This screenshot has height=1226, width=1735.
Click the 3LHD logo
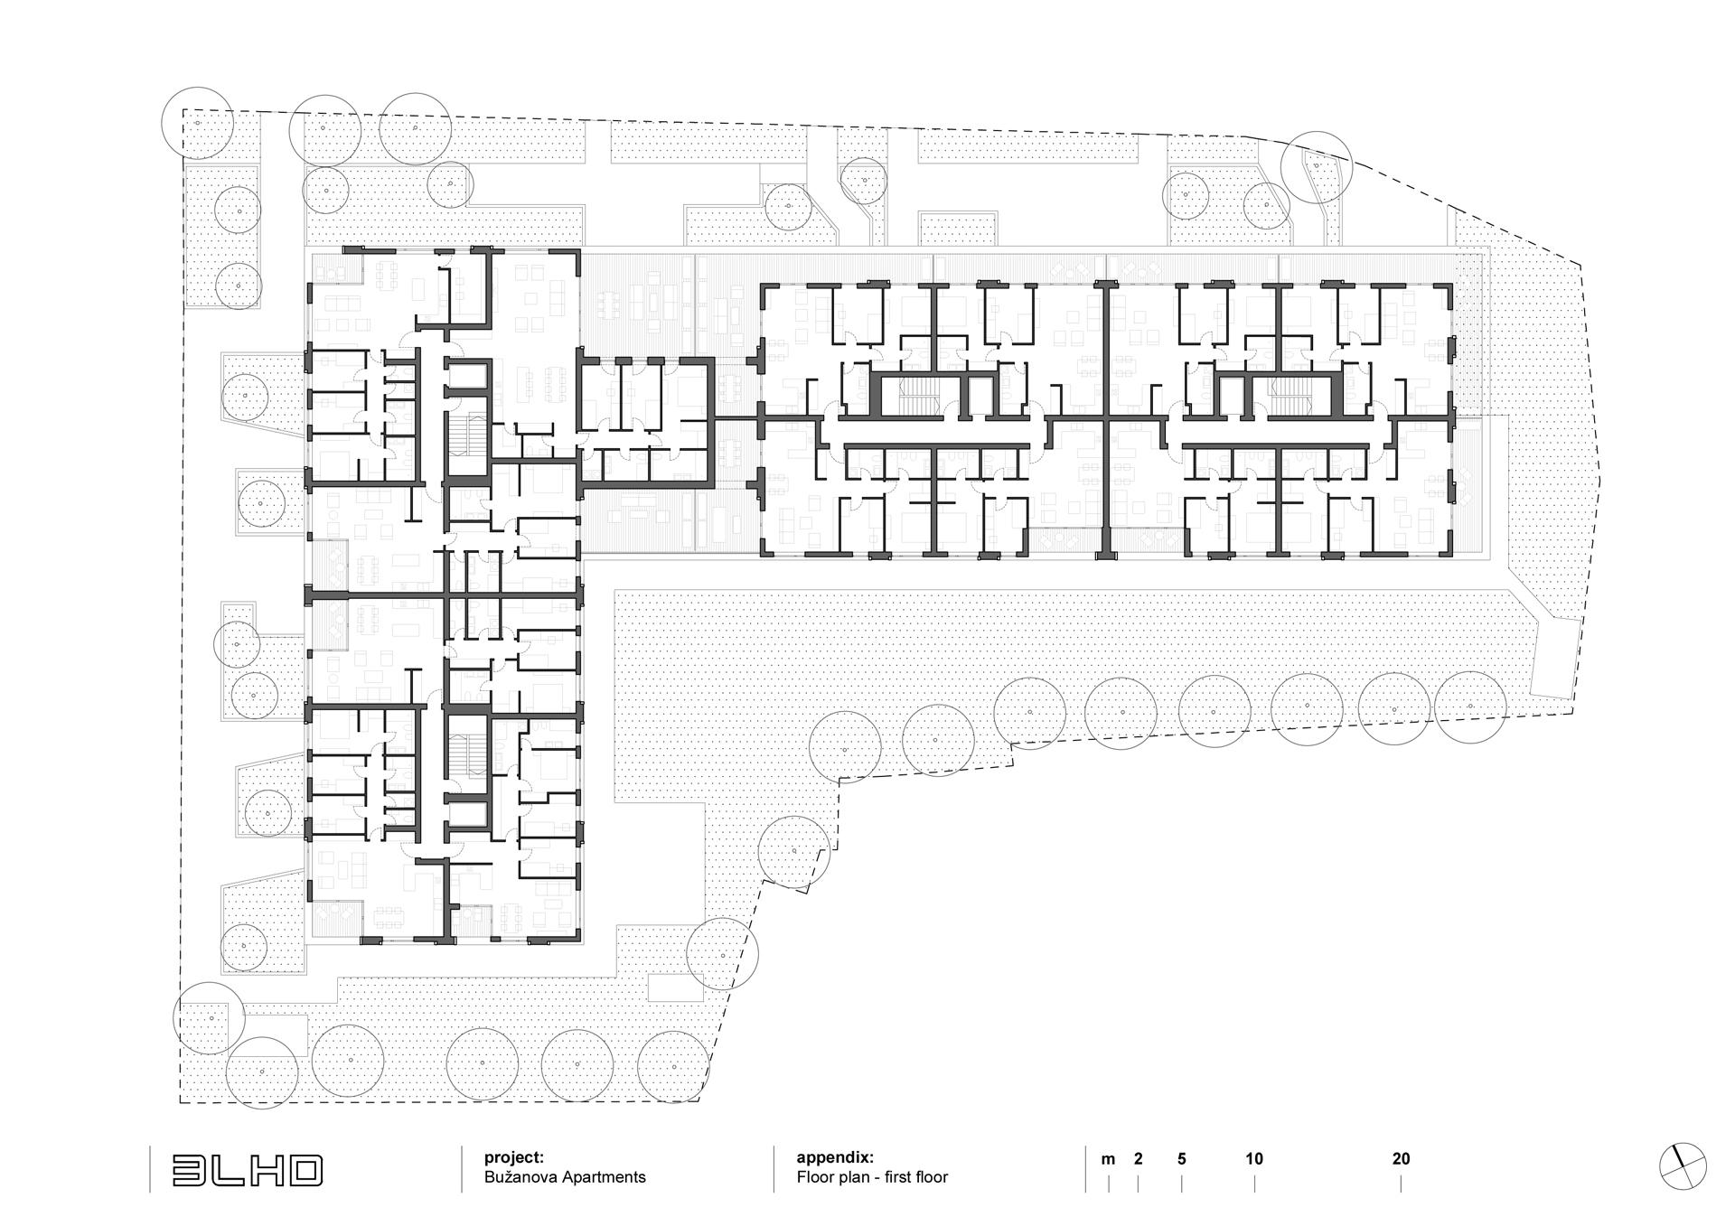pyautogui.click(x=248, y=1171)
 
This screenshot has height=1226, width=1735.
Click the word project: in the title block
pyautogui.click(x=514, y=1157)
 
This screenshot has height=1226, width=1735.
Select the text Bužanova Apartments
pyautogui.click(x=565, y=1177)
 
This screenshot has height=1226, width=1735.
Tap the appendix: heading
pyautogui.click(x=835, y=1157)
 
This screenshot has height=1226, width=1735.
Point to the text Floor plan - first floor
pyautogui.click(x=872, y=1177)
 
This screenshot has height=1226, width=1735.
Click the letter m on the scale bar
pyautogui.click(x=1108, y=1159)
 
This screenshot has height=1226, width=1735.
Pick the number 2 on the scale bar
pyautogui.click(x=1138, y=1159)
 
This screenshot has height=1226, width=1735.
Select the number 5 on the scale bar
pyautogui.click(x=1181, y=1159)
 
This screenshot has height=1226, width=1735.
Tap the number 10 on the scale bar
pyautogui.click(x=1254, y=1159)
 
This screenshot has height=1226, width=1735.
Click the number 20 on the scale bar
pyautogui.click(x=1401, y=1159)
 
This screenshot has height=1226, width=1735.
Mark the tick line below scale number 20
pyautogui.click(x=1401, y=1184)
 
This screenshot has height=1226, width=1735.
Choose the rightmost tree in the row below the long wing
pyautogui.click(x=1470, y=707)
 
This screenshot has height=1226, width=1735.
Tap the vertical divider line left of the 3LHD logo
pyautogui.click(x=150, y=1170)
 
